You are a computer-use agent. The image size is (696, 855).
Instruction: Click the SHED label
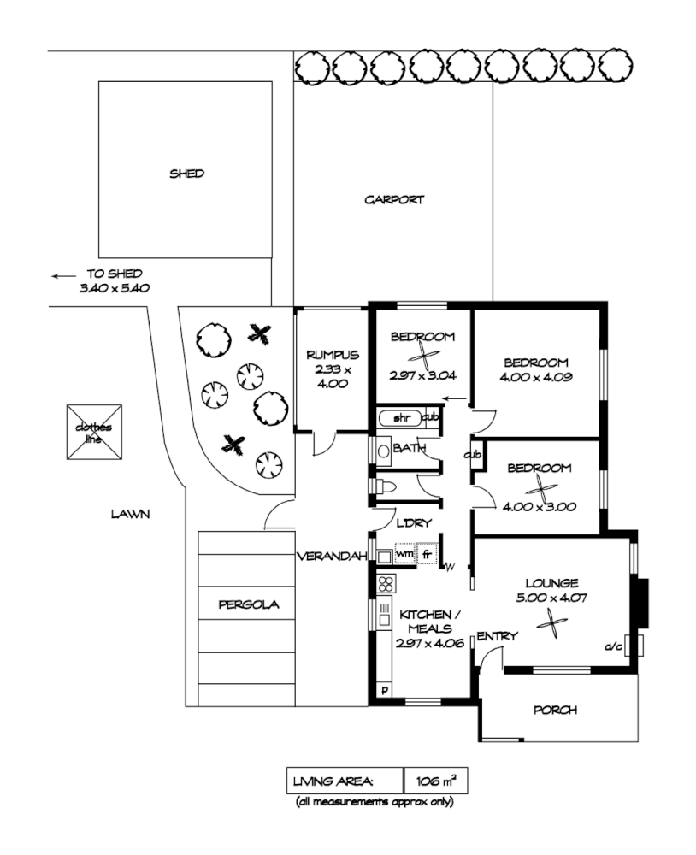click(186, 174)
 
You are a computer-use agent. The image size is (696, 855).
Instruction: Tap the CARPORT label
click(394, 200)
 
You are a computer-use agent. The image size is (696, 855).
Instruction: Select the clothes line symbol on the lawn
click(94, 432)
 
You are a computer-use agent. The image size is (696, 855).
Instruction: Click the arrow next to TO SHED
click(62, 276)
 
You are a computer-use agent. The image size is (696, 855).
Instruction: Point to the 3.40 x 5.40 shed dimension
click(115, 289)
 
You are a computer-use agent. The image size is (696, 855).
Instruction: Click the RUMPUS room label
click(333, 355)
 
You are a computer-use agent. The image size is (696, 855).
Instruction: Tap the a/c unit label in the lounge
click(614, 647)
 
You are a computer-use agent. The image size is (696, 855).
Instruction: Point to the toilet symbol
click(386, 486)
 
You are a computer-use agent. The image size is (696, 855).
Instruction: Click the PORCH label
click(555, 710)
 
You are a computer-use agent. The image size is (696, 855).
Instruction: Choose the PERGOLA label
click(237, 604)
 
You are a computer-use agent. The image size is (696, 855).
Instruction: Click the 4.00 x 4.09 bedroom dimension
click(535, 375)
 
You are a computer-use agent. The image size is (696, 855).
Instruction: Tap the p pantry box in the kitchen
click(385, 690)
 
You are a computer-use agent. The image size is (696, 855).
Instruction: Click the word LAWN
click(130, 515)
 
